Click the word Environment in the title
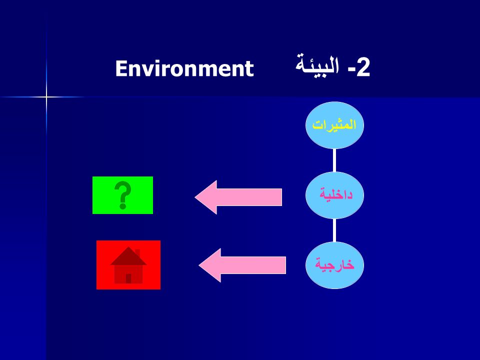tap(184, 68)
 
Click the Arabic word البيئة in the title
tap(317, 65)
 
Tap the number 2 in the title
tap(363, 67)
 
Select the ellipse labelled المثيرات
tap(334, 125)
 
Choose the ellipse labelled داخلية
tap(334, 195)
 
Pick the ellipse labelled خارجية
tap(334, 265)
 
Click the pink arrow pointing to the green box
tap(238, 197)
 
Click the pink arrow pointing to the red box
tap(242, 265)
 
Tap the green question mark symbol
tap(123, 195)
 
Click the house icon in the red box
tap(128, 265)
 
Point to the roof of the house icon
tap(128, 256)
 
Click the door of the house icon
tap(128, 278)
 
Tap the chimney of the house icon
tap(137, 253)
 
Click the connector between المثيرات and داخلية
tap(334, 160)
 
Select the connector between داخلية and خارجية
tap(334, 230)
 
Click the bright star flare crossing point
tap(46, 97)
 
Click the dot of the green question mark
tap(123, 206)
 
